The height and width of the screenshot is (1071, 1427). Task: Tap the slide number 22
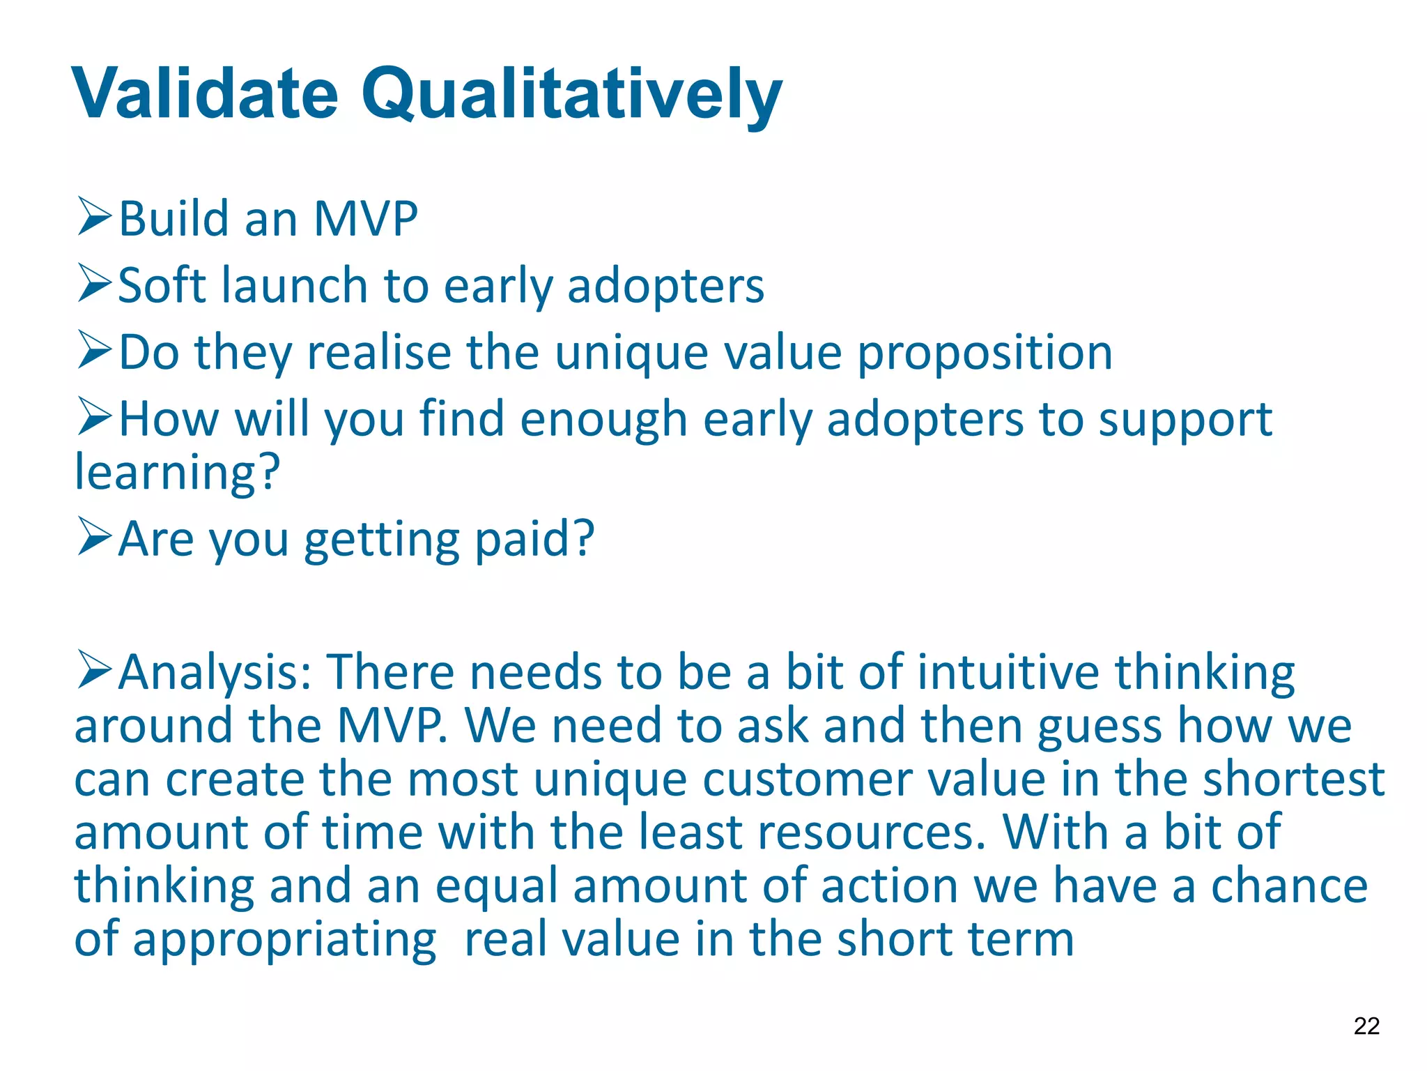point(1366,1026)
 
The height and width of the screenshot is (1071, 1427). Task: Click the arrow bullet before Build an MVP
point(95,217)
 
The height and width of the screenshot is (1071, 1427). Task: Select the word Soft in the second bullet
point(164,285)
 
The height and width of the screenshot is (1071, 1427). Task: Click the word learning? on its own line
point(177,473)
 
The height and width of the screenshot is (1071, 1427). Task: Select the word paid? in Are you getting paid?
point(534,539)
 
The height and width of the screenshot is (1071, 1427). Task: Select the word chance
point(1289,886)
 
